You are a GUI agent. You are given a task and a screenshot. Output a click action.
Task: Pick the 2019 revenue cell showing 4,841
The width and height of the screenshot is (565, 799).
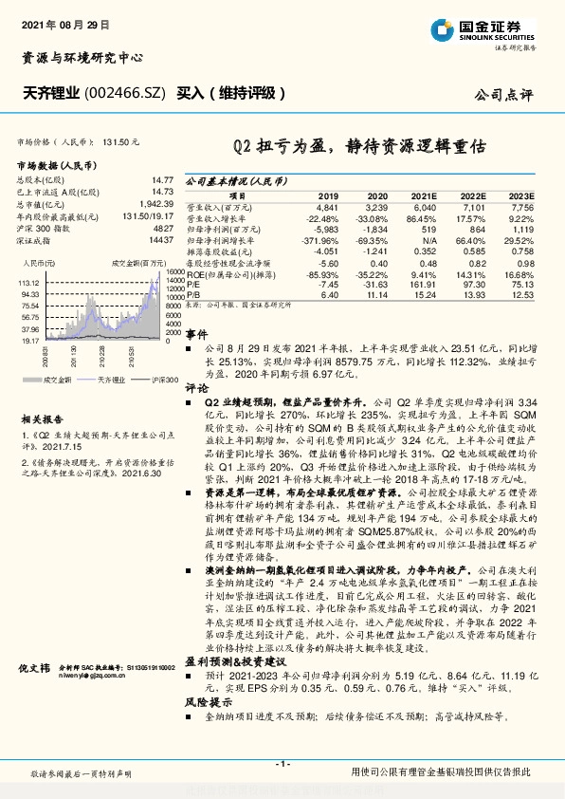click(326, 206)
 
